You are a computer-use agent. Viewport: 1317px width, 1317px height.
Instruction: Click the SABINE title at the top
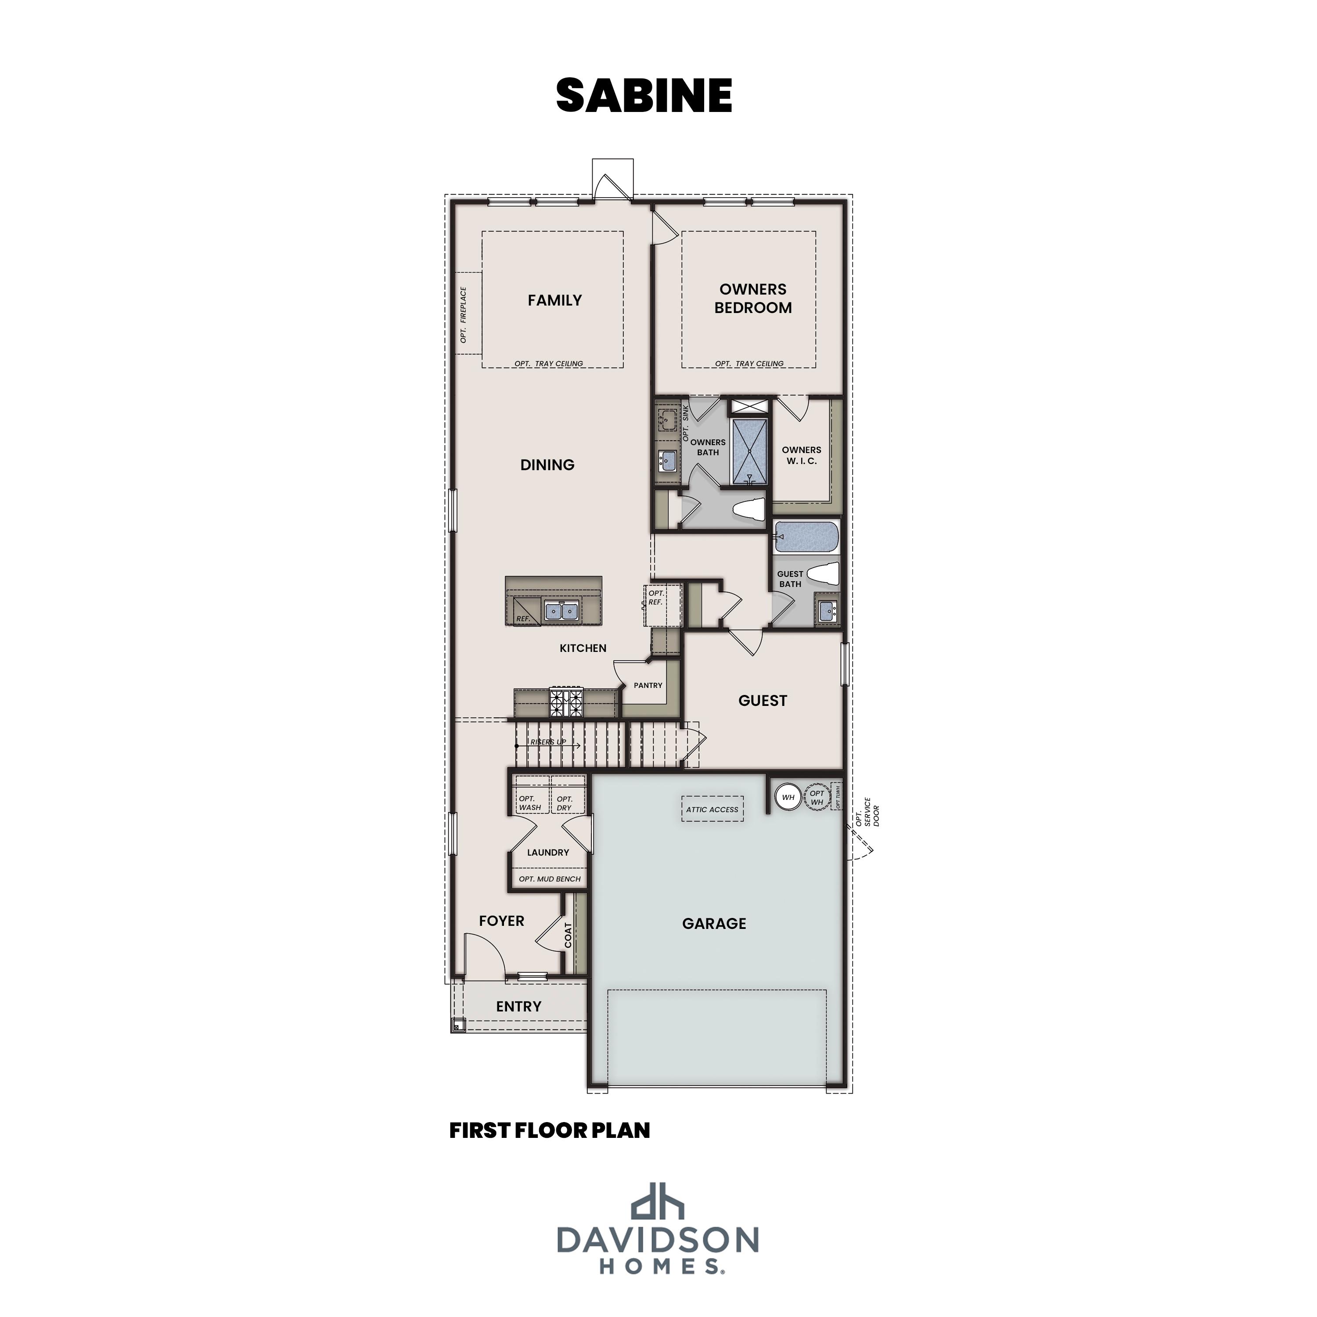click(x=644, y=95)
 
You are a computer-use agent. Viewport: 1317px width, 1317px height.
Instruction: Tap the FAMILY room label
click(x=554, y=300)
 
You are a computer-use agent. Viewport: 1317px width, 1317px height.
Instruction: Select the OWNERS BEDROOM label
click(x=752, y=299)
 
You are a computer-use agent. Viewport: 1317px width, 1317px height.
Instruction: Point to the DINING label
click(x=547, y=465)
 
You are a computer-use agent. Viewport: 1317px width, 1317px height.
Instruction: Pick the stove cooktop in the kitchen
click(x=566, y=702)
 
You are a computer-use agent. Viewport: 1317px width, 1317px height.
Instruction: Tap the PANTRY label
click(x=648, y=685)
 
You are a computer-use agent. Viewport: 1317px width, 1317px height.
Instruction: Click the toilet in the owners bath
click(x=748, y=510)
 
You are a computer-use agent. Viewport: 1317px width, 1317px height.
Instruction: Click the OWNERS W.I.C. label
click(x=801, y=455)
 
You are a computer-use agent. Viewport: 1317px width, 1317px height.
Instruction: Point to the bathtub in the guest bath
click(x=806, y=536)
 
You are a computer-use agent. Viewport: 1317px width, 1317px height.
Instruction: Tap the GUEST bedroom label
click(x=762, y=701)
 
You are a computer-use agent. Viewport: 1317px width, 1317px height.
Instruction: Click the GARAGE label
click(x=714, y=924)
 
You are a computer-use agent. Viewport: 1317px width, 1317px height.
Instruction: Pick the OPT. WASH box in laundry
click(x=530, y=802)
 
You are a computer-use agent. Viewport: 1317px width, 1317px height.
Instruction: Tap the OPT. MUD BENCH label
click(x=550, y=879)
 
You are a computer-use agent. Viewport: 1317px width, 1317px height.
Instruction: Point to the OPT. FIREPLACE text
click(x=464, y=314)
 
